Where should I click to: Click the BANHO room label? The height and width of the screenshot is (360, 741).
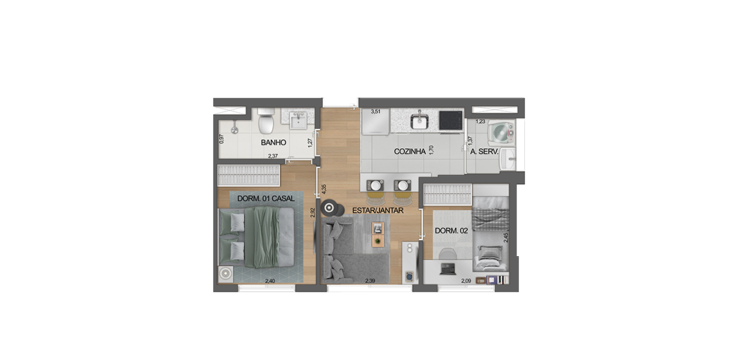pyautogui.click(x=274, y=142)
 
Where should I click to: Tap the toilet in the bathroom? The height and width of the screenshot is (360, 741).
pyautogui.click(x=266, y=121)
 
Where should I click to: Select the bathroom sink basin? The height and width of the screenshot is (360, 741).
pyautogui.click(x=298, y=121)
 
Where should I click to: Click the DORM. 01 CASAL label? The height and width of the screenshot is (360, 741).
pyautogui.click(x=266, y=199)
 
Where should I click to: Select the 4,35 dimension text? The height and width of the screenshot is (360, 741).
pyautogui.click(x=323, y=189)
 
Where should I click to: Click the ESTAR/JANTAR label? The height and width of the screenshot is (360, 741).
pyautogui.click(x=378, y=210)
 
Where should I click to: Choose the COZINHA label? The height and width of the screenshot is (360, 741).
pyautogui.click(x=407, y=152)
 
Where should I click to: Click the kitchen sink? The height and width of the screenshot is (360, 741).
pyautogui.click(x=419, y=121)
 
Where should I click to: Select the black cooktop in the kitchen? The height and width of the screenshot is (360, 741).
pyautogui.click(x=451, y=120)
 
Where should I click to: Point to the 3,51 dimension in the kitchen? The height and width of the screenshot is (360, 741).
pyautogui.click(x=376, y=112)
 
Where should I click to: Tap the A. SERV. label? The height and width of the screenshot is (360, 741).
pyautogui.click(x=484, y=152)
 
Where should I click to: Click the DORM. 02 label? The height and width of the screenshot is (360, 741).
pyautogui.click(x=451, y=231)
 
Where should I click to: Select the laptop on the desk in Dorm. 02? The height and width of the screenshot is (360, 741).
pyautogui.click(x=447, y=269)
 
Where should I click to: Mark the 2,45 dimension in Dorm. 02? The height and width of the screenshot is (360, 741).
pyautogui.click(x=506, y=237)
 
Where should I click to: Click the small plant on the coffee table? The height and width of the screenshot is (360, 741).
pyautogui.click(x=377, y=242)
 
